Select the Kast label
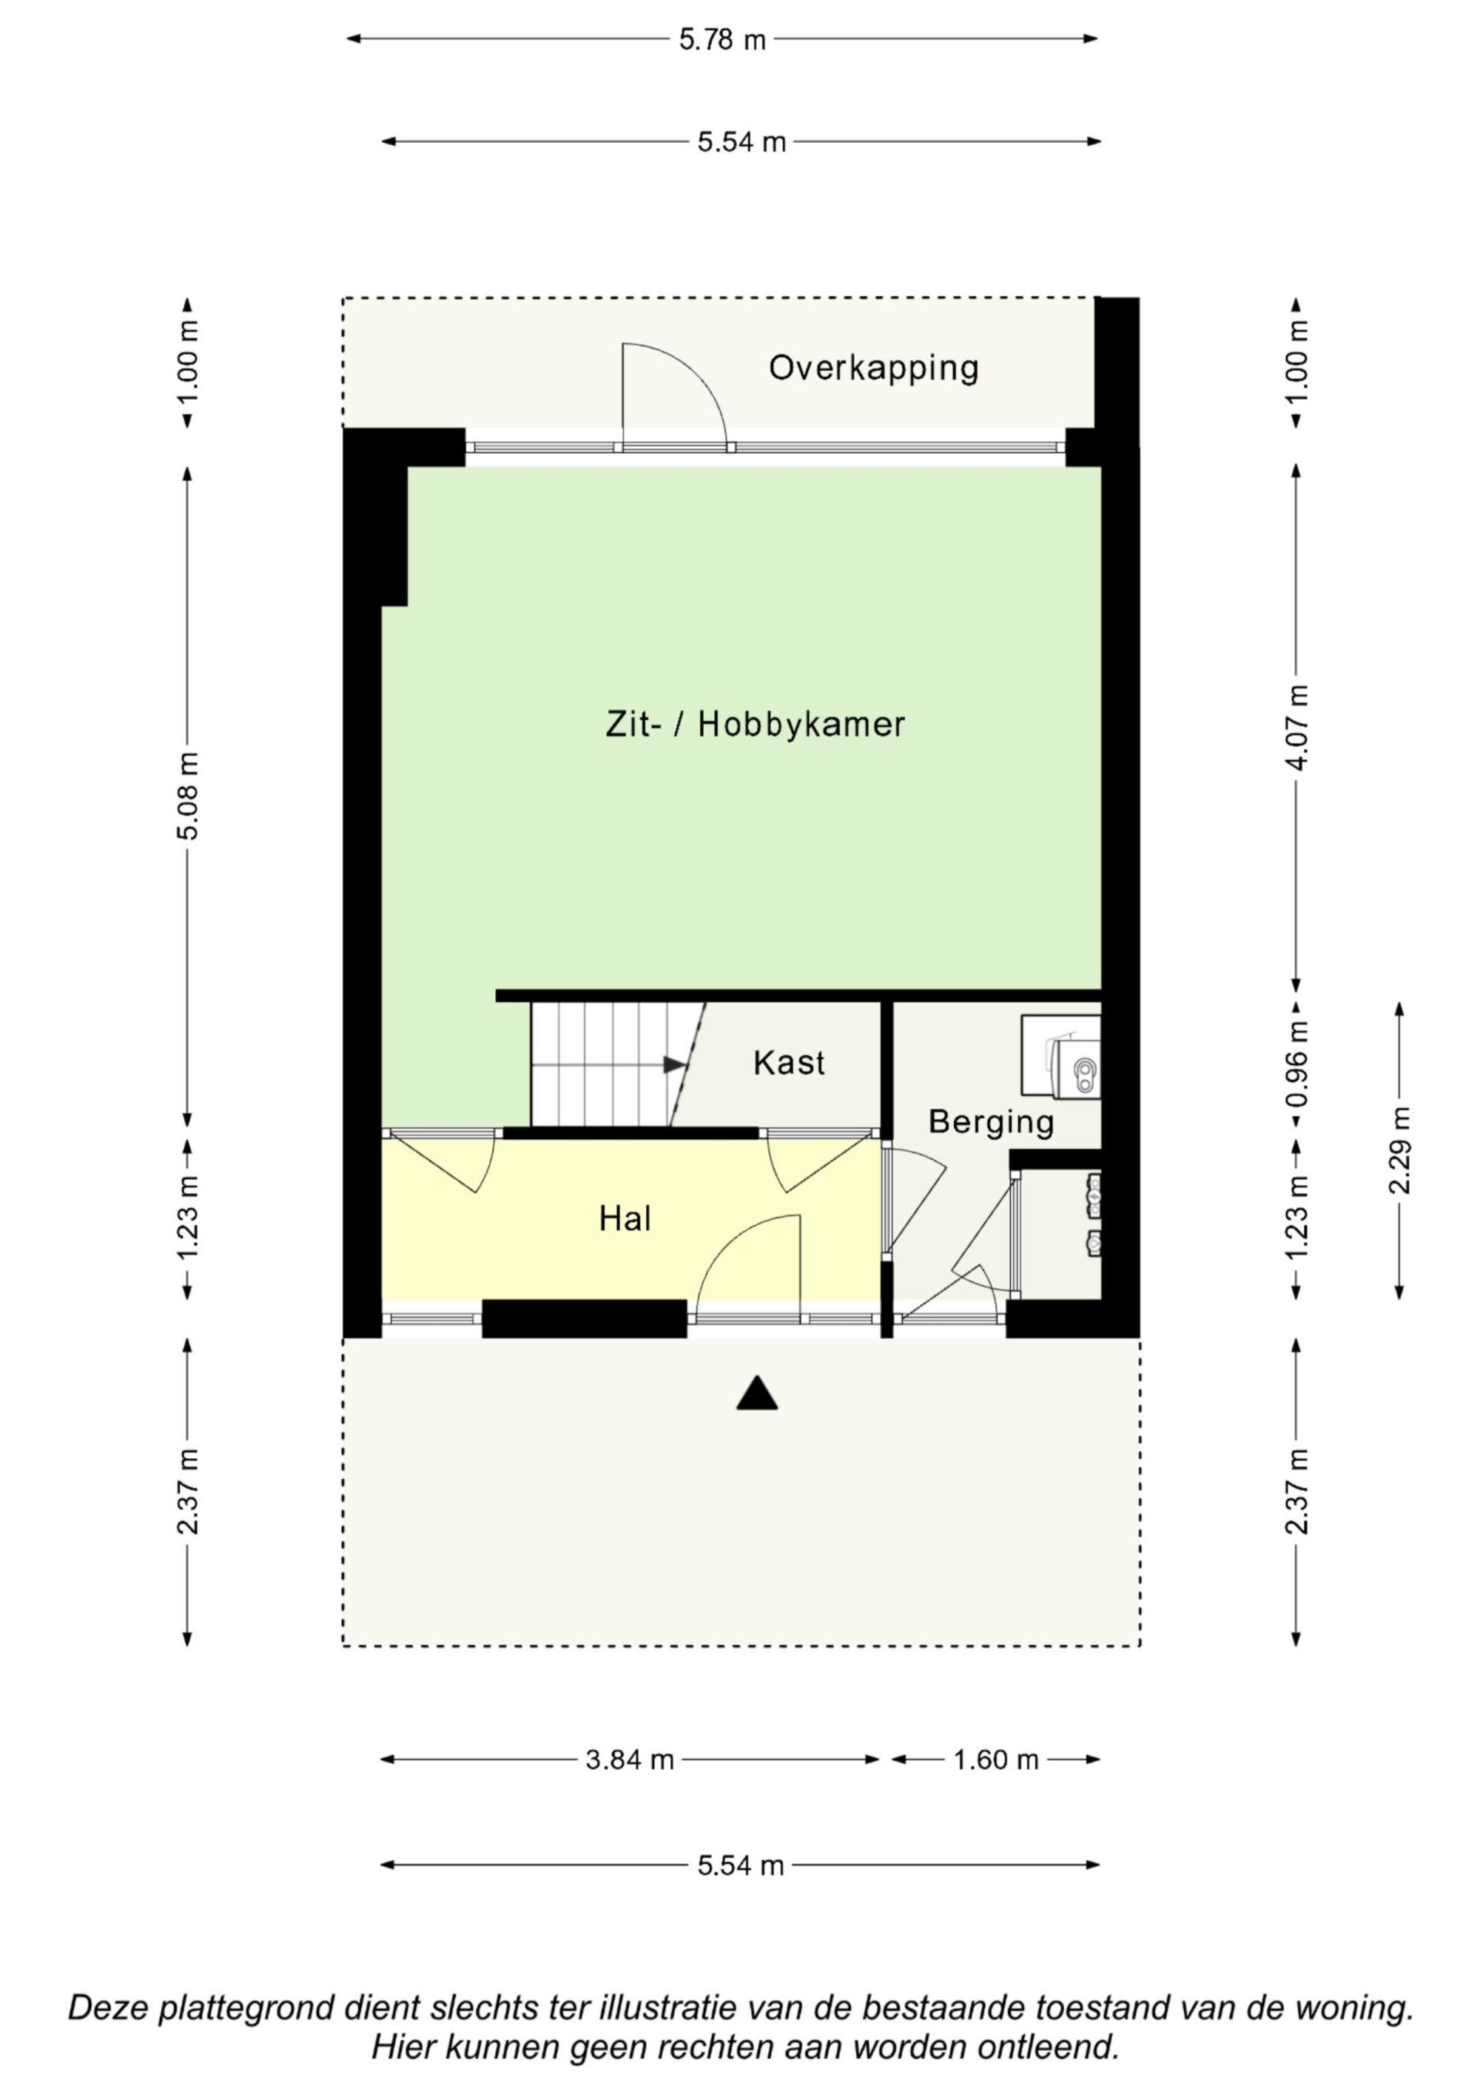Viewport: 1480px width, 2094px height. pyautogui.click(x=789, y=1062)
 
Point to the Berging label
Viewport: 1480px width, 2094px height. pyautogui.click(x=991, y=1123)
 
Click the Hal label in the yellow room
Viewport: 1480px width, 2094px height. pyautogui.click(x=625, y=1218)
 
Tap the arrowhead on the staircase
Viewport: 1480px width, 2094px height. pyautogui.click(x=675, y=1064)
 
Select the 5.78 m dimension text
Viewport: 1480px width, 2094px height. pyautogui.click(x=722, y=40)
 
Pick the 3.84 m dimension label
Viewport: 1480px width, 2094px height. pyautogui.click(x=629, y=1759)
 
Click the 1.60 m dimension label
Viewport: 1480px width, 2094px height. pyautogui.click(x=996, y=1759)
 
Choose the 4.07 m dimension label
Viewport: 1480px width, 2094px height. pyautogui.click(x=1296, y=728)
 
